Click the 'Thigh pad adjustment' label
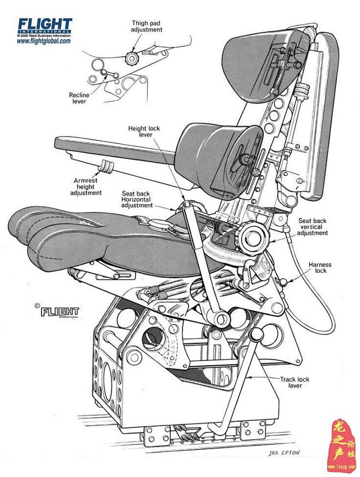click(147, 26)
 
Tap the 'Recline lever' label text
click(79, 98)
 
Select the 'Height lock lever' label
click(144, 131)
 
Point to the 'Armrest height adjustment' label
click(86, 186)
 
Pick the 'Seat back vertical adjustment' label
click(312, 227)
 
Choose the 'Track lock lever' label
click(295, 382)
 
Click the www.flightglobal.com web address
click(44, 41)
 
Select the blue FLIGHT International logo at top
click(44, 25)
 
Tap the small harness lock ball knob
click(283, 282)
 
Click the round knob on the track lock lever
click(257, 335)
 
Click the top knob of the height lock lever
click(188, 205)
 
